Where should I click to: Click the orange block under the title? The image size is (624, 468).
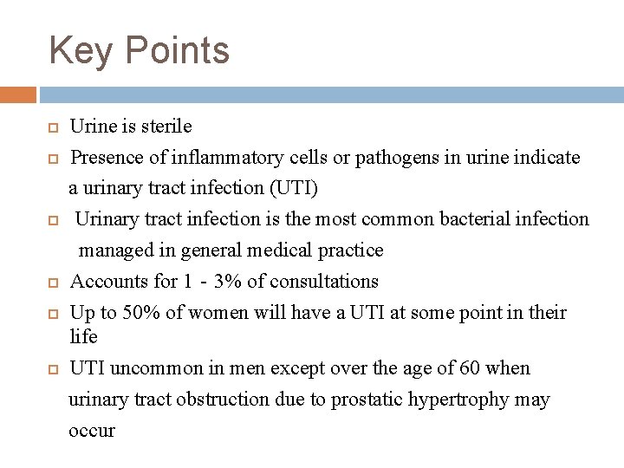17,94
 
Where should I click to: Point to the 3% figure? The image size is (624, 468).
231,282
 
